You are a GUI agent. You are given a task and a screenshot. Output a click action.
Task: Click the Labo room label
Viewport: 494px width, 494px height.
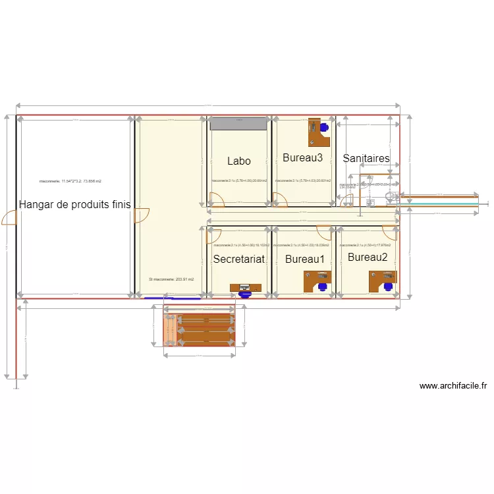(239, 161)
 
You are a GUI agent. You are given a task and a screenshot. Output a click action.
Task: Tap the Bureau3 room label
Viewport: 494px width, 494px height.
(302, 158)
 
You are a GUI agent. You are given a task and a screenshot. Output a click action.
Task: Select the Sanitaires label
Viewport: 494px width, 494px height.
(366, 159)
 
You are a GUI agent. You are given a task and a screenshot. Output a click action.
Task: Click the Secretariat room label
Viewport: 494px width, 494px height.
(238, 260)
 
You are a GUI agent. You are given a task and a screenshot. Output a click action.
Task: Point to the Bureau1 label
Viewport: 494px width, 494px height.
(305, 260)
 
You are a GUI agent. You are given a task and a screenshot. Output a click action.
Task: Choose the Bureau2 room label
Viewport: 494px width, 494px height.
(368, 257)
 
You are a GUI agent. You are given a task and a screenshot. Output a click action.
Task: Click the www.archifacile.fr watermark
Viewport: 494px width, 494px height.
(453, 387)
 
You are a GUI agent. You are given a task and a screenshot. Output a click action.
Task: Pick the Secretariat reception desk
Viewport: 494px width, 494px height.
(245, 287)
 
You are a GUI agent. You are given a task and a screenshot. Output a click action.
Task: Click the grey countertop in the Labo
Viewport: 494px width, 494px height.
(238, 124)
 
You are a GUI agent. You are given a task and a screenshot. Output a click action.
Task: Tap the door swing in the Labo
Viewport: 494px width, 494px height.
(215, 198)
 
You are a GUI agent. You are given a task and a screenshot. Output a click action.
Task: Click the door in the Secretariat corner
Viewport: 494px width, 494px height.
(213, 234)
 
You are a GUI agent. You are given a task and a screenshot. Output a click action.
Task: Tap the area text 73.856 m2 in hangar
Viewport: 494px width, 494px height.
(70, 180)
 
